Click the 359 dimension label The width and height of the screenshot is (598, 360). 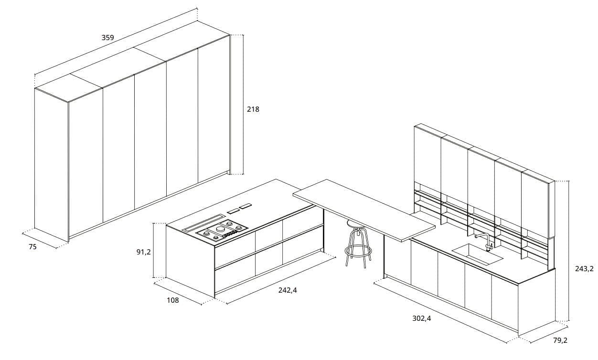pos(107,37)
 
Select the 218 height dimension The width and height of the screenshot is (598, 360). pos(253,109)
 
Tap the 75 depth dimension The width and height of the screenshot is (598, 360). pos(32,247)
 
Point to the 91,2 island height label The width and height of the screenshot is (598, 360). pos(143,252)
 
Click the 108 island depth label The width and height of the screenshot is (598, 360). pos(172,300)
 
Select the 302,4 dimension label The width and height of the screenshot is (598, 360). pos(422,318)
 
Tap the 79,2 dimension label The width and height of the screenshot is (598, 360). pos(560,340)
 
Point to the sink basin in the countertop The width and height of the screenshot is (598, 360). pos(477,254)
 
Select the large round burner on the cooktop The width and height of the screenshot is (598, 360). pos(221,229)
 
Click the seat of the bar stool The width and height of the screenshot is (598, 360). pos(356,223)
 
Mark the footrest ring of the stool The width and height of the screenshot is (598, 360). pos(358,251)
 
